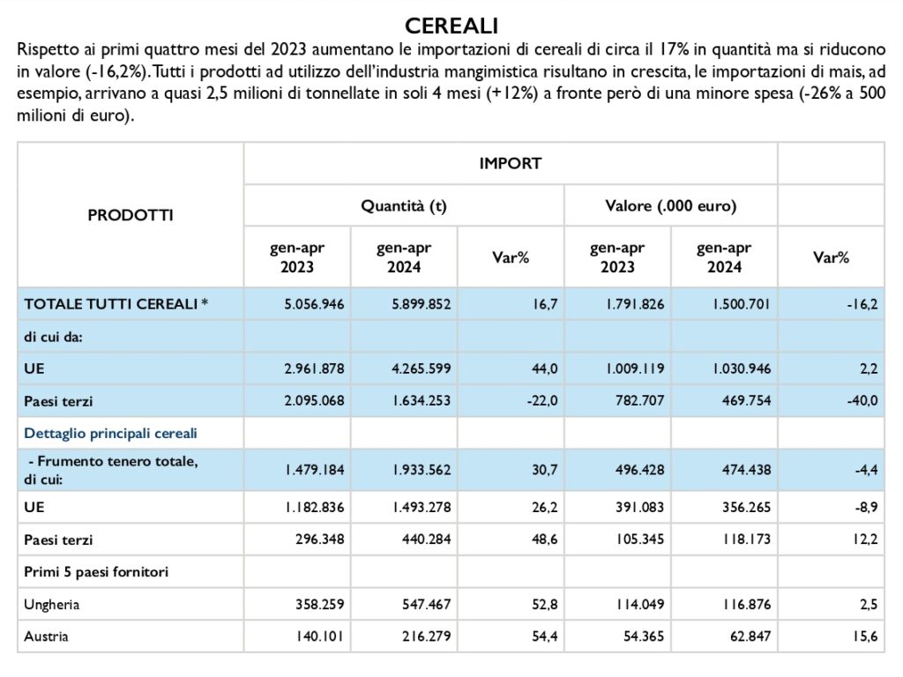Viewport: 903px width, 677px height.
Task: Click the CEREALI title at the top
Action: click(x=451, y=26)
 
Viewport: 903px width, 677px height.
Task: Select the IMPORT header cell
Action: click(x=511, y=163)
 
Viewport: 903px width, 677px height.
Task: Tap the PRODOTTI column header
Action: click(x=131, y=215)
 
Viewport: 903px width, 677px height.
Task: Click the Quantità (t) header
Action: click(x=404, y=206)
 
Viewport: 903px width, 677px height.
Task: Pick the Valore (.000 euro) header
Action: click(x=671, y=206)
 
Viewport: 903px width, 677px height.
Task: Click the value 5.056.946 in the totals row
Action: click(x=314, y=304)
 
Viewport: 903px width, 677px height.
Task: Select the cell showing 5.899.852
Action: click(x=421, y=304)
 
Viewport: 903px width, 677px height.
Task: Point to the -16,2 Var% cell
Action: click(x=862, y=304)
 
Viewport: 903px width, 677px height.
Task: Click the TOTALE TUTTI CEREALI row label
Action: click(x=116, y=304)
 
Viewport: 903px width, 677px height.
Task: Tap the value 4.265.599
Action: click(x=421, y=368)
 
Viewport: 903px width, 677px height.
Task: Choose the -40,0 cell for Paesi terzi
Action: click(x=862, y=401)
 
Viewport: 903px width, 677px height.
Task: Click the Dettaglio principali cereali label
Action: click(x=110, y=433)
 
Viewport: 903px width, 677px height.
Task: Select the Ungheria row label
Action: click(x=52, y=605)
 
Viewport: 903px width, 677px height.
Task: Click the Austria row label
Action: click(x=46, y=636)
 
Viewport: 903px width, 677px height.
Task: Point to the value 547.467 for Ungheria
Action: click(x=426, y=605)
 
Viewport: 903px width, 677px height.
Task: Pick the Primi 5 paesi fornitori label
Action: click(x=96, y=572)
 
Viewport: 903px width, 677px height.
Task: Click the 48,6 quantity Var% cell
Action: click(x=544, y=539)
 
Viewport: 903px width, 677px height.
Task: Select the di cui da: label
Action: click(x=53, y=337)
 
